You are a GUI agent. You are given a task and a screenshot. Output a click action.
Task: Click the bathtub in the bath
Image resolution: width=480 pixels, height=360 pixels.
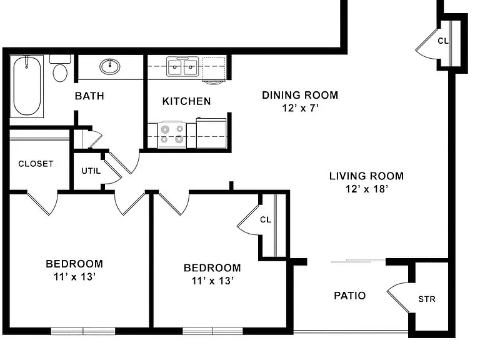click(27, 86)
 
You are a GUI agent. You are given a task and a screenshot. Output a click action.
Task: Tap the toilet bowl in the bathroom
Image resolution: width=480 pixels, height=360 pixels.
click(60, 73)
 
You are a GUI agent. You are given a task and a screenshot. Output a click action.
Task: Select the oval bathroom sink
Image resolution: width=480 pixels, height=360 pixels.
click(109, 66)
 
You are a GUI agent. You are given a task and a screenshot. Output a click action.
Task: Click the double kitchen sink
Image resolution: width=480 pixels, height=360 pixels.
click(182, 66)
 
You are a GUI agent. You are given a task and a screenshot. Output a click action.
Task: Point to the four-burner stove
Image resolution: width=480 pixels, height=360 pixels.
click(172, 135)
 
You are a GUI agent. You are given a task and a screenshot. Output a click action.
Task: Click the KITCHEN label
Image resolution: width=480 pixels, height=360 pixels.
click(186, 101)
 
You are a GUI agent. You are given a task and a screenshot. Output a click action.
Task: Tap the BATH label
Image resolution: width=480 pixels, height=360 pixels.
click(89, 96)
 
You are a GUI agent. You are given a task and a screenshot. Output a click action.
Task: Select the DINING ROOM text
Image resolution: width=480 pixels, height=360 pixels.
click(300, 95)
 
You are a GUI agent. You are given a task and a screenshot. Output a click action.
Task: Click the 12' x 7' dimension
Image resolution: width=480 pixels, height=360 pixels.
click(300, 108)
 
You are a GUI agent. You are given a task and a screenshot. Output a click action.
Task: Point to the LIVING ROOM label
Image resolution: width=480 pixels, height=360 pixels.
click(366, 176)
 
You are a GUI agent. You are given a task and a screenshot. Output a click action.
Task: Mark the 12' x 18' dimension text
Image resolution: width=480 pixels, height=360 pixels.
click(367, 189)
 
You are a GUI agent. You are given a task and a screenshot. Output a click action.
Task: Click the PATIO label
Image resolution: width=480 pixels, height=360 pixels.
click(349, 296)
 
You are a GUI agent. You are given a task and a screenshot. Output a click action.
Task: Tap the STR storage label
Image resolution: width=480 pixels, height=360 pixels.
click(427, 299)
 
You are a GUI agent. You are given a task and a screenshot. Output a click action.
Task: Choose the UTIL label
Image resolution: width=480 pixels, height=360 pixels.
click(91, 171)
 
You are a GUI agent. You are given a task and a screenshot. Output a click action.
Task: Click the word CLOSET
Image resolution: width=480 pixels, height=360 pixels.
click(36, 164)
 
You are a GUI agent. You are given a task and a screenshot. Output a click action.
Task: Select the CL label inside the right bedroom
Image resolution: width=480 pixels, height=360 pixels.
click(266, 220)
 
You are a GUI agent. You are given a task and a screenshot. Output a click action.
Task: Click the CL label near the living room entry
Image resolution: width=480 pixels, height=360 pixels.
click(442, 41)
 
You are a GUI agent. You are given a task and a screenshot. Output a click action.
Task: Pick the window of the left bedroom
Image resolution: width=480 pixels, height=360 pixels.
click(83, 331)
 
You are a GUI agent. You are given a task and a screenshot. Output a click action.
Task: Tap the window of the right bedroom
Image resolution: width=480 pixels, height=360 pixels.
click(212, 331)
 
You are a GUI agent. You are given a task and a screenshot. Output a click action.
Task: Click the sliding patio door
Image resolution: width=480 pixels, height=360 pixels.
click(358, 261)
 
